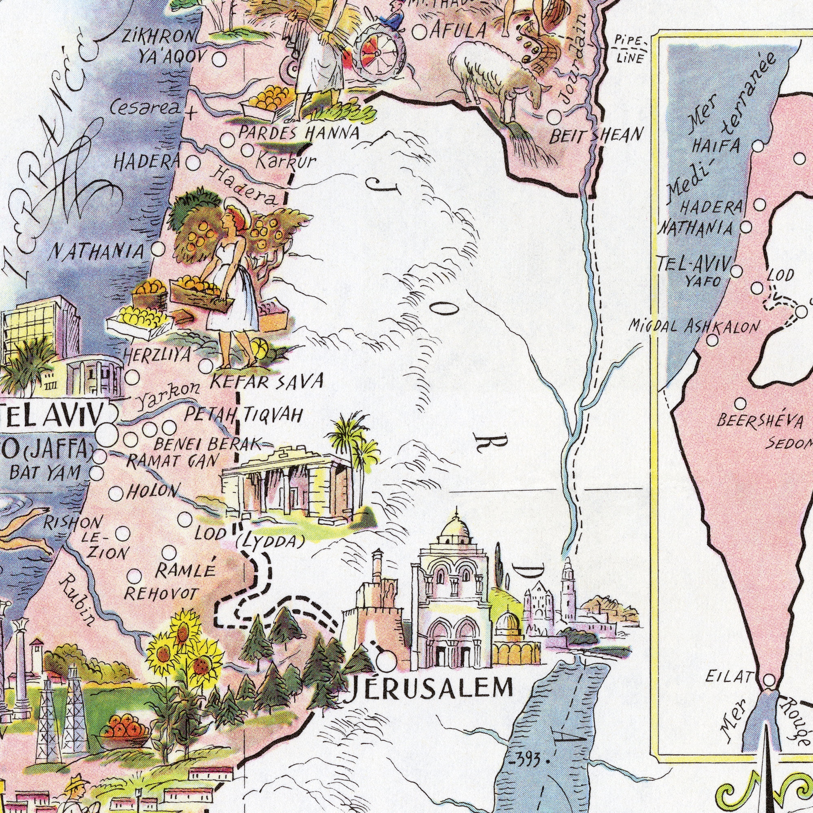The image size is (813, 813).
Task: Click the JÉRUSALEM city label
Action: (x=429, y=689)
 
